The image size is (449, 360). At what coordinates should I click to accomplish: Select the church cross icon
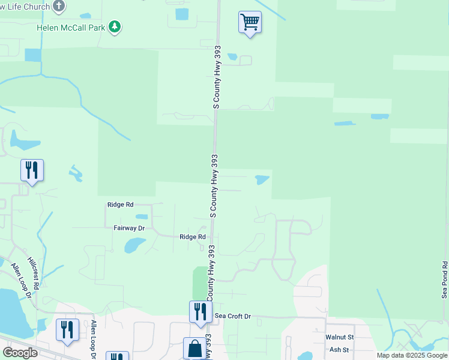pos(58,7)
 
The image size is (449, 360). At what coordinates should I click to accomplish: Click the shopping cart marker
pos(250,23)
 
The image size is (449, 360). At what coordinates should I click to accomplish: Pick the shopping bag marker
pos(194,348)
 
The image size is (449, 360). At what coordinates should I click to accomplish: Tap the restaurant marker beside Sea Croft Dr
pos(200,312)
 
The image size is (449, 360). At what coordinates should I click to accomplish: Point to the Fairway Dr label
pos(129,229)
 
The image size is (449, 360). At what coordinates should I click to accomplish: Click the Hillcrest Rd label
pos(35,276)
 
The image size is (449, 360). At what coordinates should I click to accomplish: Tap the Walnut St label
pos(339,338)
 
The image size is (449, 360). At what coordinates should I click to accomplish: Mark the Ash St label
pos(339,349)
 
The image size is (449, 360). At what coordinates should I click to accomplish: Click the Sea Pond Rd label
pos(444,280)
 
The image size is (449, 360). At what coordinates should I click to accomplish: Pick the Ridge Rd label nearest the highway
pos(193,237)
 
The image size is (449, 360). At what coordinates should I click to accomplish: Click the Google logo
pos(20,353)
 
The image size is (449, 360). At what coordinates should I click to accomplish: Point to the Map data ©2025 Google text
pos(412,355)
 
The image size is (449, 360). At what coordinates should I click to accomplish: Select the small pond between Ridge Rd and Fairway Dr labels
pos(142,217)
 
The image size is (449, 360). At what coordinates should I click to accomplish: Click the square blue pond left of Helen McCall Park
pos(33,55)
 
